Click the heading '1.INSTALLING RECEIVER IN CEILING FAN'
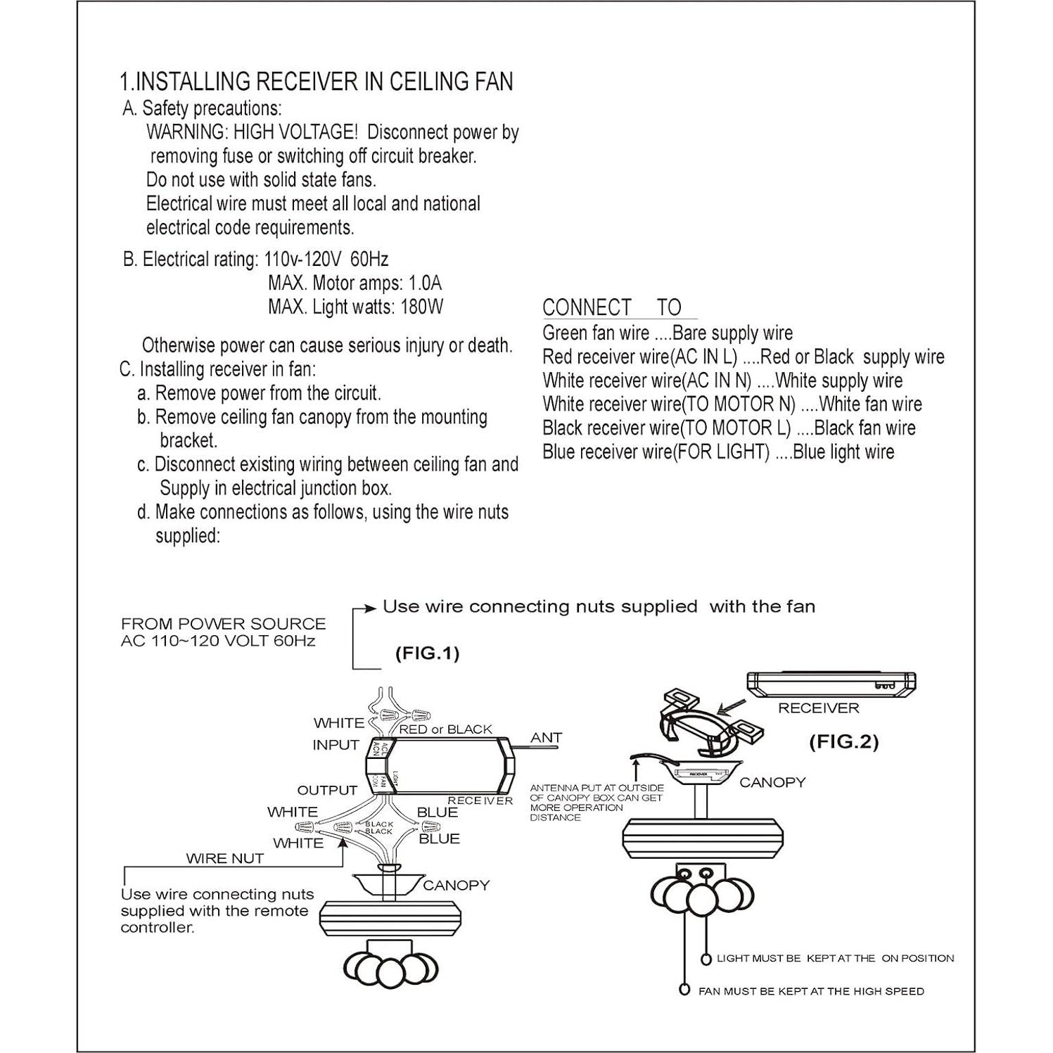coord(316,82)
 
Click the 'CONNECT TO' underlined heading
coord(612,307)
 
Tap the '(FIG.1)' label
coord(427,653)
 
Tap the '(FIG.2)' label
coord(843,741)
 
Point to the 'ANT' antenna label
coord(546,737)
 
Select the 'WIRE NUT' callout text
coord(224,858)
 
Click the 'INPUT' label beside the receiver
coord(336,745)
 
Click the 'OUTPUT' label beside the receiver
coord(327,791)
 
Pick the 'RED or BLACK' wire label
coord(445,729)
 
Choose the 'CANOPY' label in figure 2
coord(772,782)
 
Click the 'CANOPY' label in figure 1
coord(456,886)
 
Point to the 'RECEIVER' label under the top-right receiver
coord(818,708)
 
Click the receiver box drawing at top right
coord(831,682)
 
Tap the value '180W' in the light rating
coord(422,307)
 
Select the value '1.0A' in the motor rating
coord(425,283)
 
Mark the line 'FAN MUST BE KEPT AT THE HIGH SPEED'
coord(811,991)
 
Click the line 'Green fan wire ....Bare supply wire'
coord(667,333)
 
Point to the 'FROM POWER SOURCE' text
coord(223,624)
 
